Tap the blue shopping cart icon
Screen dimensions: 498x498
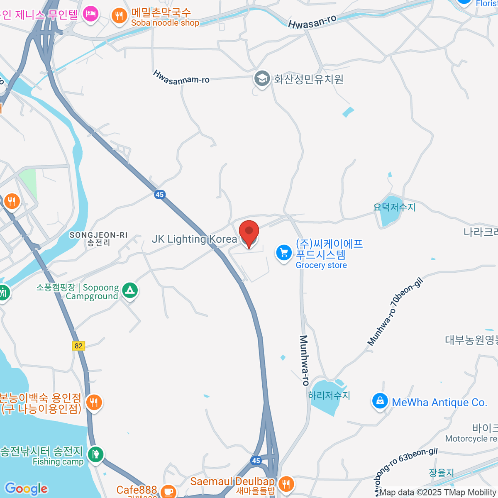[284, 252]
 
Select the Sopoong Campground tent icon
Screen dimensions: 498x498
[130, 290]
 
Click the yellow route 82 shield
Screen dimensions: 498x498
[78, 346]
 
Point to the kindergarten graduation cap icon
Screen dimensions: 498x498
[262, 78]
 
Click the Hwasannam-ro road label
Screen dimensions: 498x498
[181, 78]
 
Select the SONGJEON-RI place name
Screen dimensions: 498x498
[98, 235]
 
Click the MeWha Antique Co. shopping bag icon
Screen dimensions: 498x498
[380, 401]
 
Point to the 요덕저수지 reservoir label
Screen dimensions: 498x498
[394, 207]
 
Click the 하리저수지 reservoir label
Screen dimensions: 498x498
[329, 395]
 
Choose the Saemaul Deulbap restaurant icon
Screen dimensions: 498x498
[286, 483]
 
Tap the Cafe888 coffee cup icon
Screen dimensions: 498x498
[168, 491]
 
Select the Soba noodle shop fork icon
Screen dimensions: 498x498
[120, 16]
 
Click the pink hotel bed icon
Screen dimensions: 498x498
[90, 15]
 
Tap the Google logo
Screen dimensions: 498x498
[26, 489]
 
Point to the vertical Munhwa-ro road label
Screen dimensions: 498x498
[304, 360]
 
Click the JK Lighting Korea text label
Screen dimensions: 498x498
[194, 239]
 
